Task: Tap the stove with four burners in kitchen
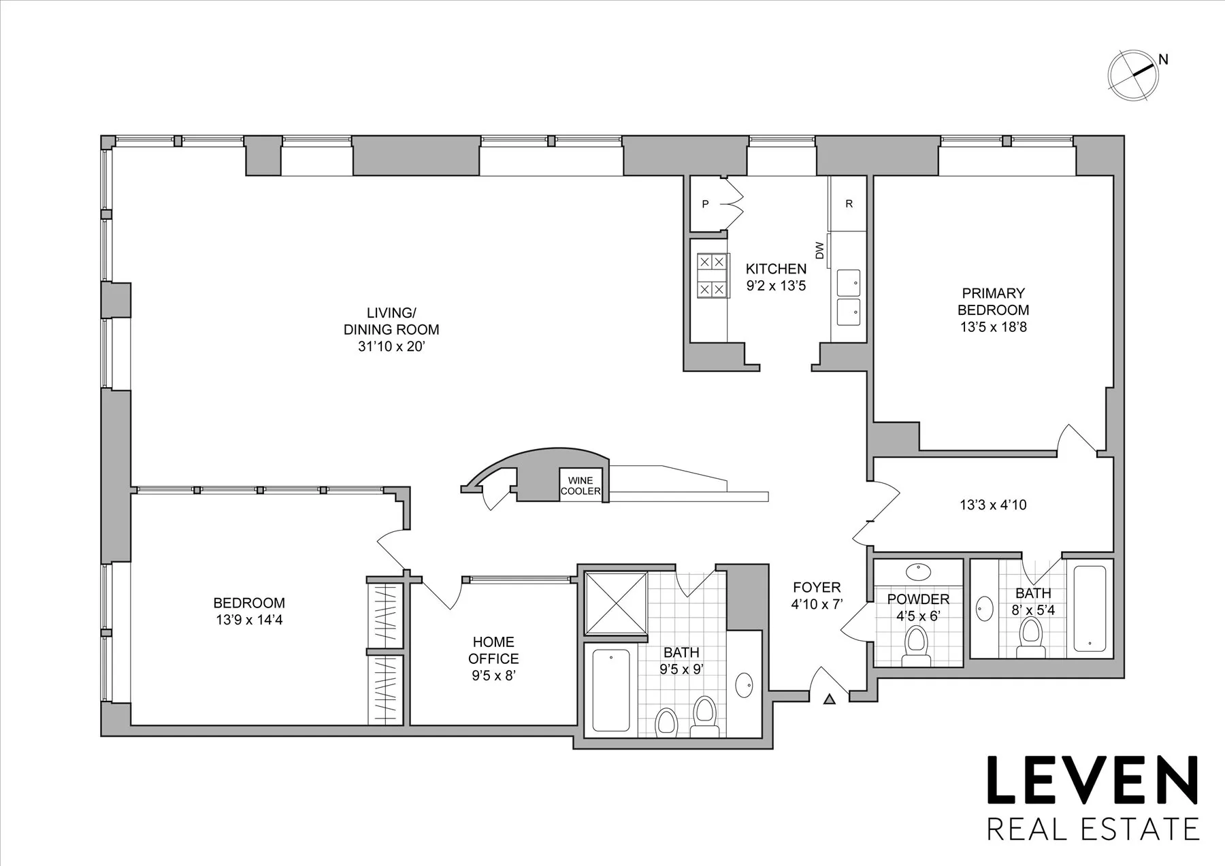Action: (711, 276)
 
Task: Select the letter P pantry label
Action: (705, 204)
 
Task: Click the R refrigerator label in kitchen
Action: (849, 204)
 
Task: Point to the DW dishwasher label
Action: (819, 250)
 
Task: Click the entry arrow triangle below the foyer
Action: (829, 699)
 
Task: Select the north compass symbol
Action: (1133, 77)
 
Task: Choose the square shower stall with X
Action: (616, 603)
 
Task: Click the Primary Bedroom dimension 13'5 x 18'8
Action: (993, 327)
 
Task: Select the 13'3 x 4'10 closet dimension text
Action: (993, 505)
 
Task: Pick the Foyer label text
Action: (816, 587)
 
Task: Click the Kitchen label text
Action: (776, 269)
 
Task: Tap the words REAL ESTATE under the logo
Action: (1092, 829)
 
